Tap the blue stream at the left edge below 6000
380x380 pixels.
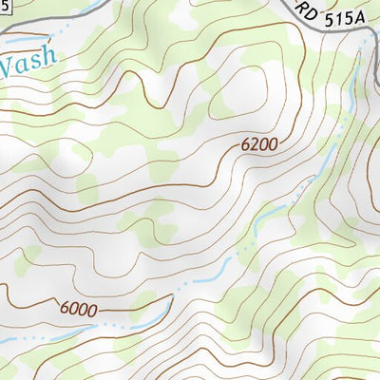[8, 340]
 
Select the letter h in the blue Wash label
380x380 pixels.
[49, 66]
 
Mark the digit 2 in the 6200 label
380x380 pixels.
[255, 145]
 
